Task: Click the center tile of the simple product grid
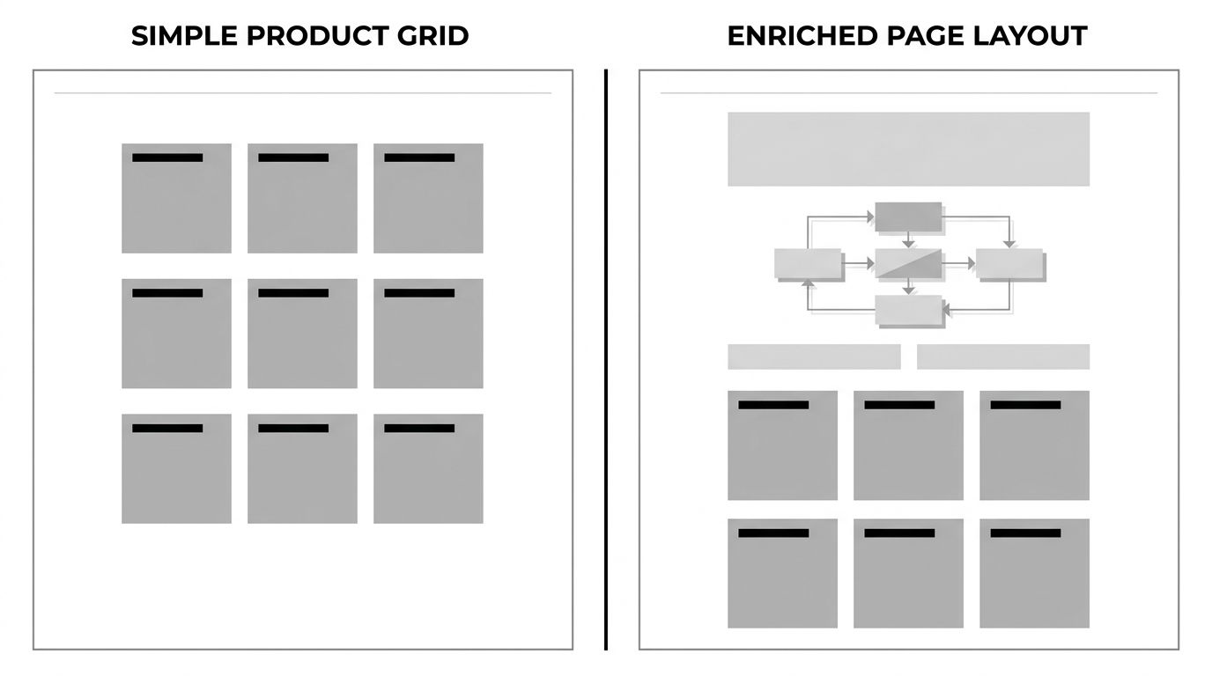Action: coord(302,334)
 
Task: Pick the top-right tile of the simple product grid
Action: coord(428,198)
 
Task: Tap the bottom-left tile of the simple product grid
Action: coord(176,468)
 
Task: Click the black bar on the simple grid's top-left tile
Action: coord(167,158)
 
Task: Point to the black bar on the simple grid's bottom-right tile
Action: coord(419,429)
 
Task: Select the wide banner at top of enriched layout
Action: coord(908,149)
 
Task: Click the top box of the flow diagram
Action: coord(908,217)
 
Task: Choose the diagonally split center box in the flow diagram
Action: coord(908,264)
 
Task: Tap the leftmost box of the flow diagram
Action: coord(808,264)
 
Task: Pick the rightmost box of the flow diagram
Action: coord(1009,264)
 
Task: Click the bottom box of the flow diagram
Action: coord(909,311)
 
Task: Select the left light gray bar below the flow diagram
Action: coord(814,356)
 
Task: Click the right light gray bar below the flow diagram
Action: coord(1003,356)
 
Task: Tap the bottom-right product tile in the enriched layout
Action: coord(1034,573)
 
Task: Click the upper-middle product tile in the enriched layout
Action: coord(908,445)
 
